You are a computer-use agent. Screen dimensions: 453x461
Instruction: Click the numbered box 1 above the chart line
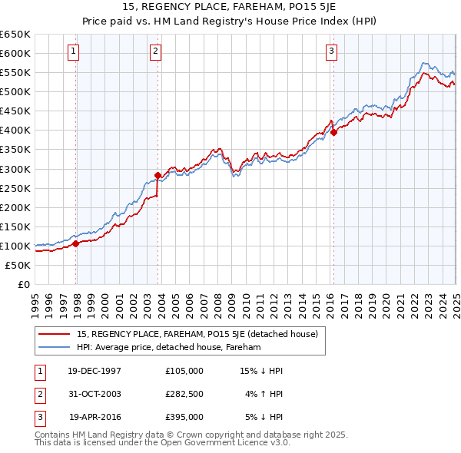(x=73, y=51)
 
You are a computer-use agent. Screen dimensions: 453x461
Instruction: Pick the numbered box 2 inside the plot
(x=155, y=51)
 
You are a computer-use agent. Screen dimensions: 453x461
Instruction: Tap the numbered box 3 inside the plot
(x=331, y=51)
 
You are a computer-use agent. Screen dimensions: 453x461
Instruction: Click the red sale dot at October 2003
(x=158, y=175)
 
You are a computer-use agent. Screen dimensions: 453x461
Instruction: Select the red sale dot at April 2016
(x=334, y=132)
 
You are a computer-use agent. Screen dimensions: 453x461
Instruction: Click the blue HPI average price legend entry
(x=169, y=347)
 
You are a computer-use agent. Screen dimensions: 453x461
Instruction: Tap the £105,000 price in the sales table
(x=184, y=371)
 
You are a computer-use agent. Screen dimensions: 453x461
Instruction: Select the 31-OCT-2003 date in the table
(x=95, y=394)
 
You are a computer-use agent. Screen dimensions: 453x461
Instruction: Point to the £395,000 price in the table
(x=184, y=417)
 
